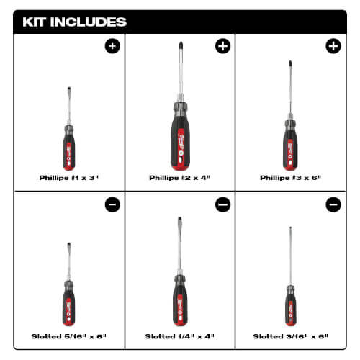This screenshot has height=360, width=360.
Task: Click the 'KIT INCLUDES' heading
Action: [x=75, y=22]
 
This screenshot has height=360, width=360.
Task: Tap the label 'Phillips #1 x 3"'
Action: [x=70, y=177]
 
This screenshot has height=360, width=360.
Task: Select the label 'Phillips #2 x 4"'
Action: [x=179, y=177]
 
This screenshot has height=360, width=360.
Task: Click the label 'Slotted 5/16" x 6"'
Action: [x=70, y=336]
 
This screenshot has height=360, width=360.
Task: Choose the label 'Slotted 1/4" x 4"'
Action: [x=179, y=336]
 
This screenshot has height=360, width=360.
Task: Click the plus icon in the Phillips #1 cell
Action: [x=112, y=47]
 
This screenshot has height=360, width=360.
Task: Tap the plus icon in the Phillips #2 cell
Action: [x=222, y=47]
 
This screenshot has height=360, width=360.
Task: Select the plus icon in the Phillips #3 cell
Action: [x=333, y=47]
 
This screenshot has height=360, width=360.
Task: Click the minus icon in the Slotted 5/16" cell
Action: [x=112, y=205]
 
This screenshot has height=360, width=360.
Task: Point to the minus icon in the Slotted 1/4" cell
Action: [x=222, y=205]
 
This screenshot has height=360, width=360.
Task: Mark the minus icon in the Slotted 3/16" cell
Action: [x=333, y=205]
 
